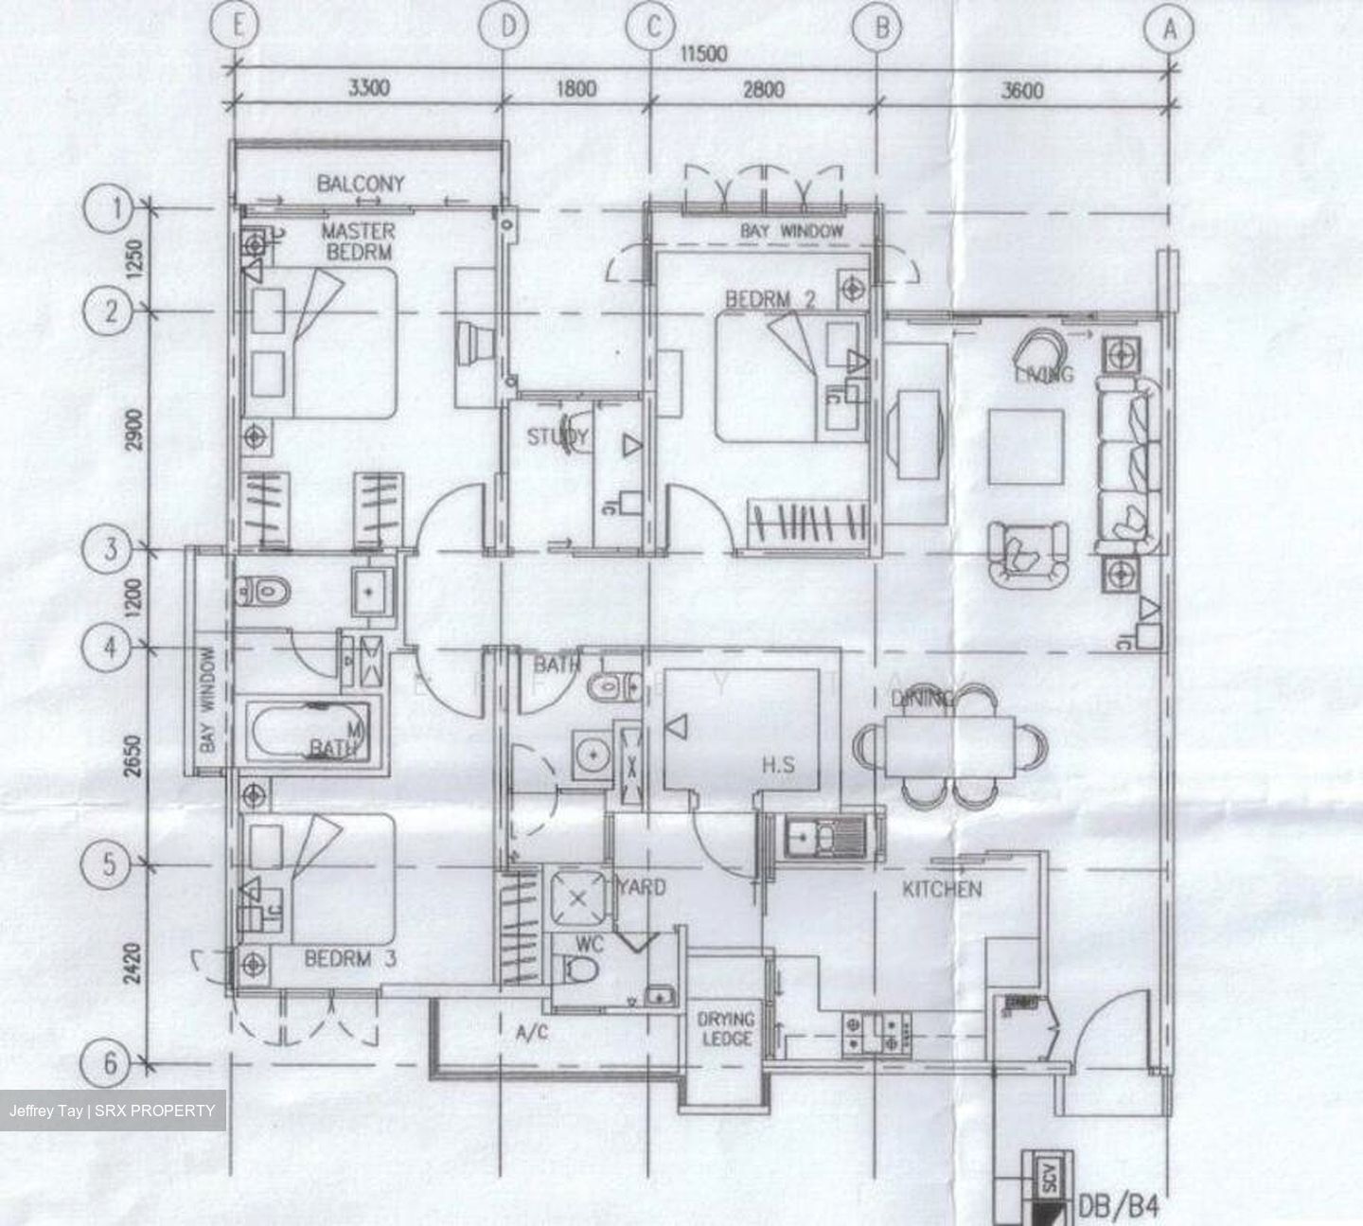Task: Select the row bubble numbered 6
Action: [111, 1064]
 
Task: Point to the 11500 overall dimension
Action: [701, 53]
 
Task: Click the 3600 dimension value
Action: [1022, 90]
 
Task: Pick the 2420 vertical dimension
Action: [135, 963]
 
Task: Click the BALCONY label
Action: [361, 184]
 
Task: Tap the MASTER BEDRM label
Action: [359, 241]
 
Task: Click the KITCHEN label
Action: [941, 889]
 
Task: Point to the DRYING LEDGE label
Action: [726, 1029]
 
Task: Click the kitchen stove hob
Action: [876, 1034]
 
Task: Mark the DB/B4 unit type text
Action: [1118, 1208]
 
